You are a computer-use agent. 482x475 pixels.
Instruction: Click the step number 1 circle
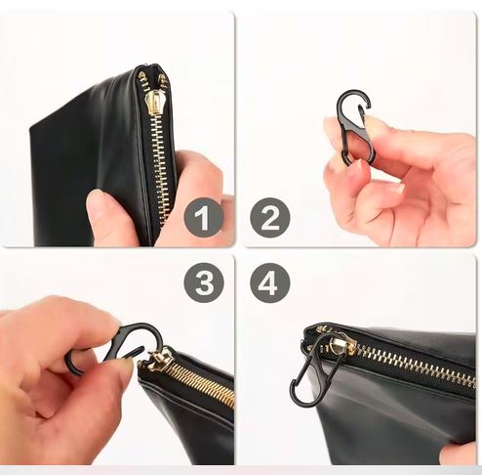[x=204, y=217]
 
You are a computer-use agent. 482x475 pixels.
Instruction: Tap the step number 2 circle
[x=270, y=217]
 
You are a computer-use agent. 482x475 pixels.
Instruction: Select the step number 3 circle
[x=204, y=282]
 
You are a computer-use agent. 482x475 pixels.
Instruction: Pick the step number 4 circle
[x=270, y=282]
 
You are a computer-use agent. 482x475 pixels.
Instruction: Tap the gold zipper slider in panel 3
[x=160, y=359]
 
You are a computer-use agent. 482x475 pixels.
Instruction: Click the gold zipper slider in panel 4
[x=339, y=345]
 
